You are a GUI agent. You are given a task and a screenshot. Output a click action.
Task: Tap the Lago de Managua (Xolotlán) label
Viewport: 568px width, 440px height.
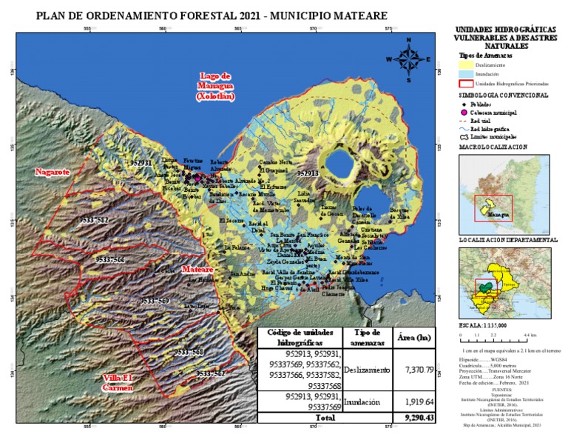click(x=216, y=86)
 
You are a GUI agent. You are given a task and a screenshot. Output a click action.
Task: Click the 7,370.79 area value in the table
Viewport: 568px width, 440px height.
click(x=414, y=369)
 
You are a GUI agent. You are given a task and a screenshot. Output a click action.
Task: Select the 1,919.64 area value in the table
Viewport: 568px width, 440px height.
click(x=414, y=402)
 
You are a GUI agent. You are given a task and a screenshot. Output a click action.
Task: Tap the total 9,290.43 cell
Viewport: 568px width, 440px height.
click(x=414, y=419)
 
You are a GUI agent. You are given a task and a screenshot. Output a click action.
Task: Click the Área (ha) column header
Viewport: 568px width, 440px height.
click(x=414, y=338)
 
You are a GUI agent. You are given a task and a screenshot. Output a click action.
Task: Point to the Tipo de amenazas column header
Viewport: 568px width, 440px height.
click(x=367, y=338)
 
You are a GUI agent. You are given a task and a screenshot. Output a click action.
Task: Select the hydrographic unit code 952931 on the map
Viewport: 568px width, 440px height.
click(x=141, y=162)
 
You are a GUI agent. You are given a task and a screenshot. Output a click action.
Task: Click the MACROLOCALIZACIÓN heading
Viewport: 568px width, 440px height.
click(x=493, y=147)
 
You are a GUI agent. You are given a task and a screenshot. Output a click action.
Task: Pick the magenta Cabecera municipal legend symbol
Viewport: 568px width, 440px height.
click(x=464, y=113)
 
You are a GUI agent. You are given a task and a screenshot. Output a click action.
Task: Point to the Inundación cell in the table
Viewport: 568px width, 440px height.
click(x=367, y=402)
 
